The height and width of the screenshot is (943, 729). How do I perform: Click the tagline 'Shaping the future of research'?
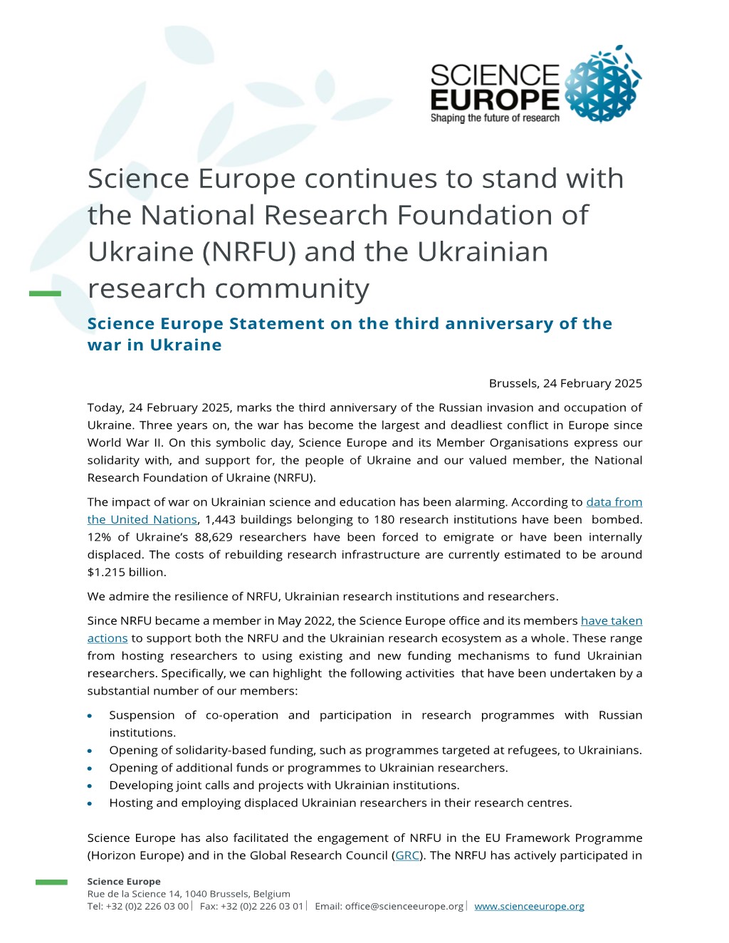pyautogui.click(x=495, y=118)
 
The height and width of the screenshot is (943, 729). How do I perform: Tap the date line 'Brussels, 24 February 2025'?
pyautogui.click(x=565, y=383)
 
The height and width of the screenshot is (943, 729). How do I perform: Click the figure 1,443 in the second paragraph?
pyautogui.click(x=220, y=520)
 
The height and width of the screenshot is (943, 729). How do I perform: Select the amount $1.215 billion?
pyautogui.click(x=126, y=572)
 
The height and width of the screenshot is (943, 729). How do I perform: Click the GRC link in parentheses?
pyautogui.click(x=407, y=855)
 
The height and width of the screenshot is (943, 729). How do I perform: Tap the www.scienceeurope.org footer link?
pyautogui.click(x=529, y=906)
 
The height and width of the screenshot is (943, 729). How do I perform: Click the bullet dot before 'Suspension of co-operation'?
pyautogui.click(x=90, y=716)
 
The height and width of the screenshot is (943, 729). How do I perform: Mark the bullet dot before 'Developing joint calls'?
pyautogui.click(x=90, y=786)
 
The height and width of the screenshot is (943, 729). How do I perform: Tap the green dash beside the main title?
pyautogui.click(x=45, y=293)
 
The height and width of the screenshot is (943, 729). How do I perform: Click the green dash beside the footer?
pyautogui.click(x=51, y=882)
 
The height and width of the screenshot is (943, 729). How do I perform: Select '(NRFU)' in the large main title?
pyautogui.click(x=249, y=252)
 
